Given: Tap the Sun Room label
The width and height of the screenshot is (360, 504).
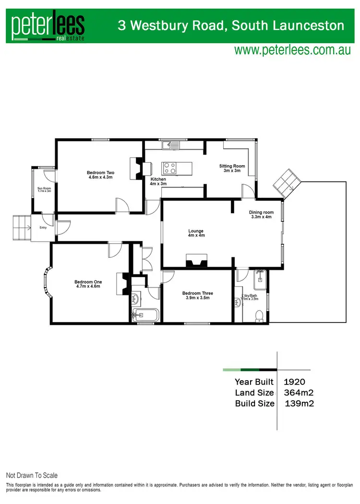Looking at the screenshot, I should pyautogui.click(x=44, y=189).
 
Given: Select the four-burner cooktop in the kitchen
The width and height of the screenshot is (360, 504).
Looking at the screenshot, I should pyautogui.click(x=170, y=168).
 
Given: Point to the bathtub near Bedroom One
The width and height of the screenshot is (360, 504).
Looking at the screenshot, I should pyautogui.click(x=146, y=315).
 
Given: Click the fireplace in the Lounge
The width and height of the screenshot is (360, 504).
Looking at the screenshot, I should pyautogui.click(x=196, y=261).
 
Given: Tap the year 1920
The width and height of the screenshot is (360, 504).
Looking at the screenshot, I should pyautogui.click(x=295, y=382).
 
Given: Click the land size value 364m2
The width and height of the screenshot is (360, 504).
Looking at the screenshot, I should pyautogui.click(x=299, y=393).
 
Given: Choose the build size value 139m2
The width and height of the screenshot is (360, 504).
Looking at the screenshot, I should pyautogui.click(x=300, y=403).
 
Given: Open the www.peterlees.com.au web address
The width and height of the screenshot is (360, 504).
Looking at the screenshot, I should pyautogui.click(x=292, y=50).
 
